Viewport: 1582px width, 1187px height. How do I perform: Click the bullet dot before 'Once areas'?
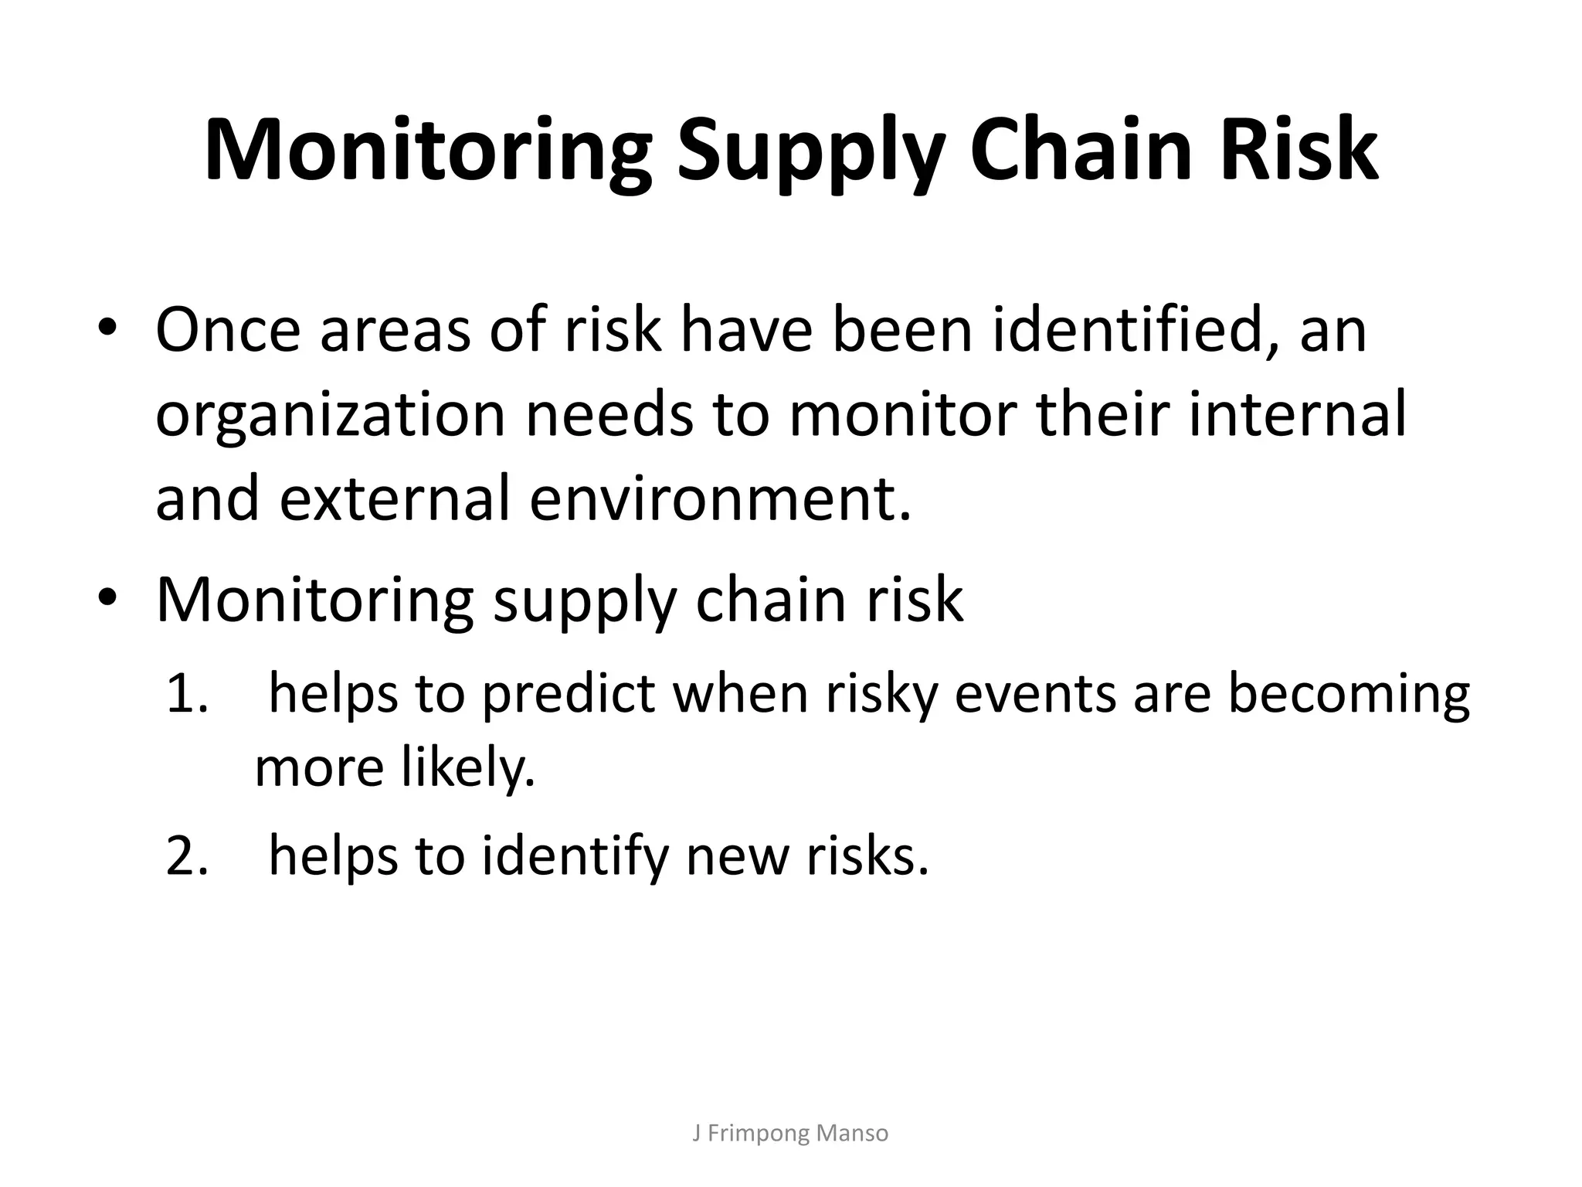[x=107, y=328]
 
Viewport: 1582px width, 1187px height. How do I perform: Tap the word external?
[x=395, y=498]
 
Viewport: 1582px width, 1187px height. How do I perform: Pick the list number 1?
[x=185, y=693]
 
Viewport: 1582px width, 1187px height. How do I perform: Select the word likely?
[x=468, y=768]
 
